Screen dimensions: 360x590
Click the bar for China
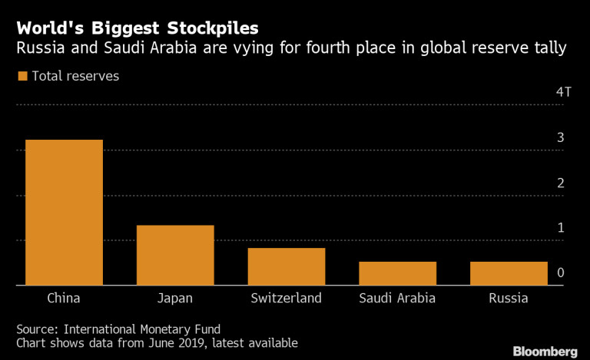pos(65,213)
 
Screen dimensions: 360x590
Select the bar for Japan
pos(175,255)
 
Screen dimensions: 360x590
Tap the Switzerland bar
pos(287,266)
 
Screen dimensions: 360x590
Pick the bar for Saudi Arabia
pos(398,273)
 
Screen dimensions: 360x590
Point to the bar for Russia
pos(509,273)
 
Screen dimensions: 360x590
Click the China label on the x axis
pos(64,298)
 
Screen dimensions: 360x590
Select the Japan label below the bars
pos(175,298)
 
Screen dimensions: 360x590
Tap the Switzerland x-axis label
pos(287,298)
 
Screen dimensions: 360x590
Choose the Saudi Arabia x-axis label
pos(398,298)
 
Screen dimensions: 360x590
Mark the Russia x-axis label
pos(509,298)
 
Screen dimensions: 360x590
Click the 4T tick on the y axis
pos(564,92)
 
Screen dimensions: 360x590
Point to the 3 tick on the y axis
pos(561,137)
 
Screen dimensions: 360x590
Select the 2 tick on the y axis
pos(561,183)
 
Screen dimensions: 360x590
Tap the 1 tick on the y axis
pos(561,227)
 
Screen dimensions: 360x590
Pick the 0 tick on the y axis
pos(561,272)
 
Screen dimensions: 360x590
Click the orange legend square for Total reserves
pos(22,76)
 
